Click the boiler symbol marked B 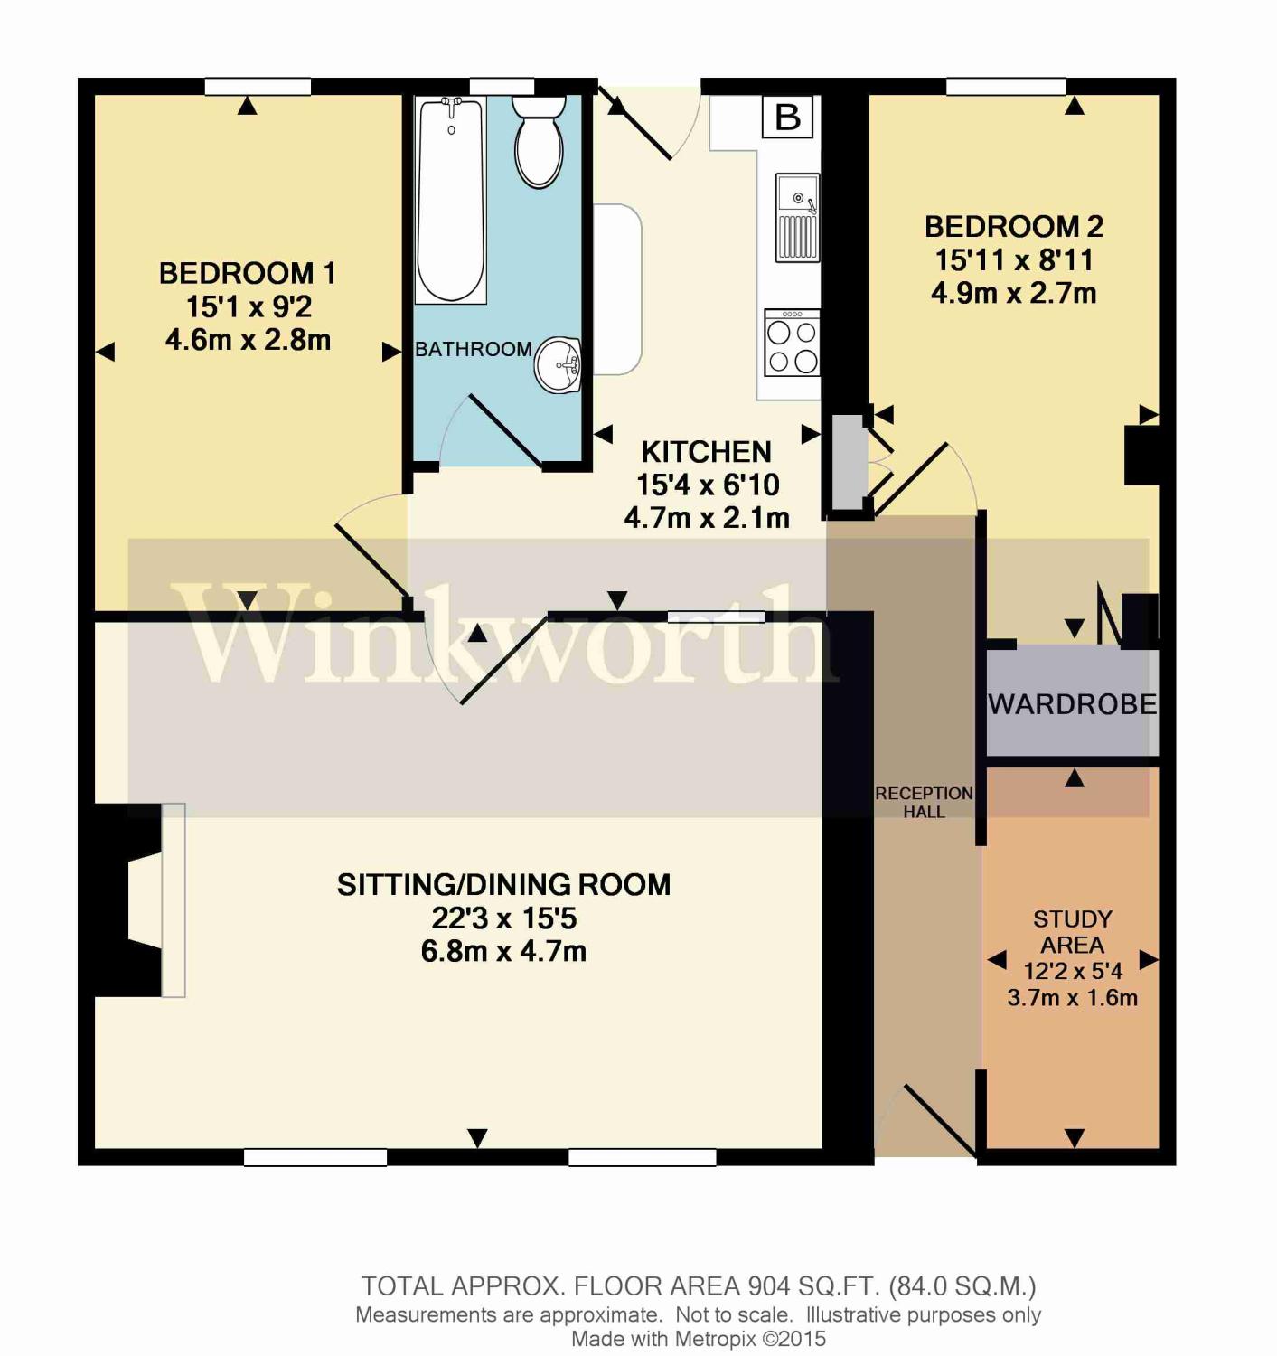pyautogui.click(x=788, y=117)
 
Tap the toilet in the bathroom pyautogui.click(x=539, y=141)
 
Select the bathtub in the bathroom pyautogui.click(x=450, y=200)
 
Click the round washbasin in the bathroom pyautogui.click(x=558, y=365)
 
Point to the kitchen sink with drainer pyautogui.click(x=797, y=217)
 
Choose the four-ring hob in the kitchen pyautogui.click(x=793, y=343)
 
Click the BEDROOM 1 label pyautogui.click(x=248, y=274)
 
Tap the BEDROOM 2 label pyautogui.click(x=1014, y=227)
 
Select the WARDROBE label pyautogui.click(x=1073, y=704)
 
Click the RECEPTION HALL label pyautogui.click(x=924, y=802)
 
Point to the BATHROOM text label pyautogui.click(x=474, y=349)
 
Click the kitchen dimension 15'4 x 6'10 pyautogui.click(x=708, y=485)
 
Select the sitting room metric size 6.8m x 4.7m pyautogui.click(x=503, y=951)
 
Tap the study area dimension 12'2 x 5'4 pyautogui.click(x=1073, y=971)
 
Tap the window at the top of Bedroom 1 pyautogui.click(x=258, y=87)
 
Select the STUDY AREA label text pyautogui.click(x=1073, y=932)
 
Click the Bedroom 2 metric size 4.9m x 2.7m pyautogui.click(x=1014, y=294)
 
